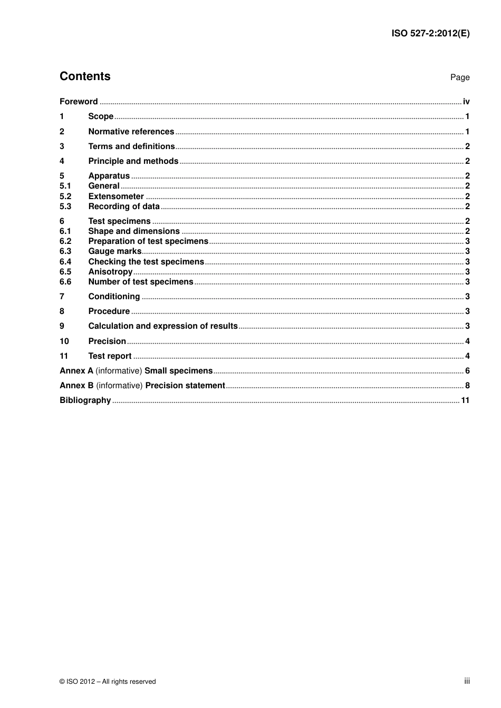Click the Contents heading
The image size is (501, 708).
tap(85, 76)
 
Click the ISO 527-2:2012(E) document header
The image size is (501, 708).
tap(430, 33)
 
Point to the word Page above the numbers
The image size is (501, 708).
tap(459, 77)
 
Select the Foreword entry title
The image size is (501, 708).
tap(79, 102)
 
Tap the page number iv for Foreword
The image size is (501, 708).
tap(466, 102)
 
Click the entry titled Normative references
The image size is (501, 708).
tap(131, 132)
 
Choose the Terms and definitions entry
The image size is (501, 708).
tap(131, 146)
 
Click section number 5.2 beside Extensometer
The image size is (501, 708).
tap(65, 196)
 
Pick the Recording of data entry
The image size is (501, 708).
tap(123, 206)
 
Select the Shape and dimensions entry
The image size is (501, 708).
tap(134, 231)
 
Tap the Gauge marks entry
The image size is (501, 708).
tap(114, 251)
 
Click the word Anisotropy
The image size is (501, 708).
tap(110, 272)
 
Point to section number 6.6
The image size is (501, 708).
tap(65, 282)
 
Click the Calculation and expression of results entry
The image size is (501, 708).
tap(163, 326)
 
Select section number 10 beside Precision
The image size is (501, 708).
tap(64, 341)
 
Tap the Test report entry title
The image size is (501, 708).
tap(110, 356)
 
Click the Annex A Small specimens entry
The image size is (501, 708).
tap(136, 371)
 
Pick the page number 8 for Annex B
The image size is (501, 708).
tap(467, 386)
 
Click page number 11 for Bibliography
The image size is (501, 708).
tap(465, 400)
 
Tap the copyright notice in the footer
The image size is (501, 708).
tap(108, 682)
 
